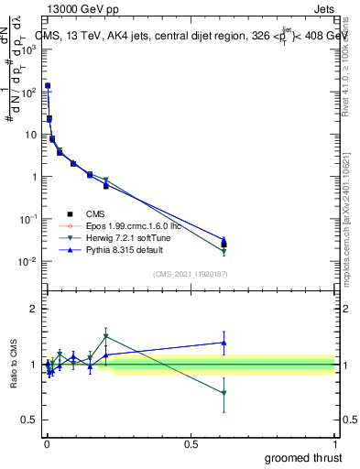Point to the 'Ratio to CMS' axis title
coord(14,364)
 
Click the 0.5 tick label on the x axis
coord(191,442)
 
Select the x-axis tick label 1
coord(335,442)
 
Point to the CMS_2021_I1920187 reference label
coord(191,274)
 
